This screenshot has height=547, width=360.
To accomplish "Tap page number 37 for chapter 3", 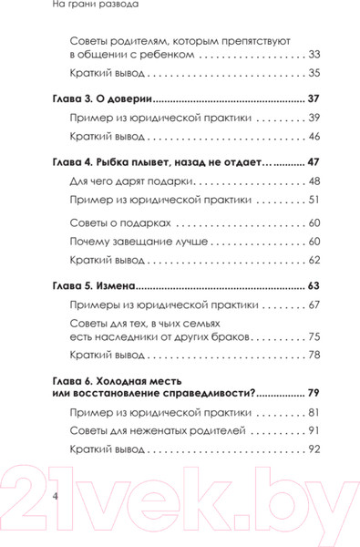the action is point(314,98).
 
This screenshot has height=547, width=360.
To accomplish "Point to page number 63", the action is point(314,285).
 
